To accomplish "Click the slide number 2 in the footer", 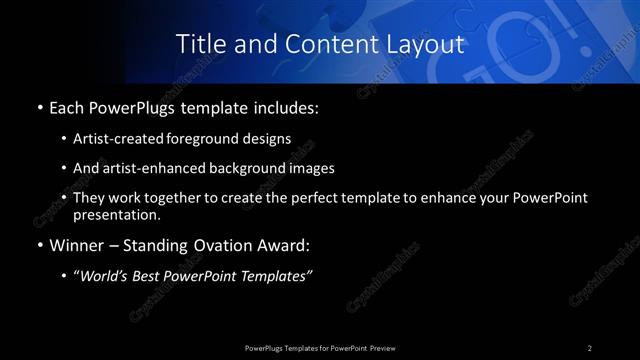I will (x=590, y=347).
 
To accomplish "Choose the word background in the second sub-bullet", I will (x=246, y=168).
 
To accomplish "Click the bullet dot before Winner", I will (x=39, y=245).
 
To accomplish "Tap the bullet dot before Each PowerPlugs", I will (x=39, y=107).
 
